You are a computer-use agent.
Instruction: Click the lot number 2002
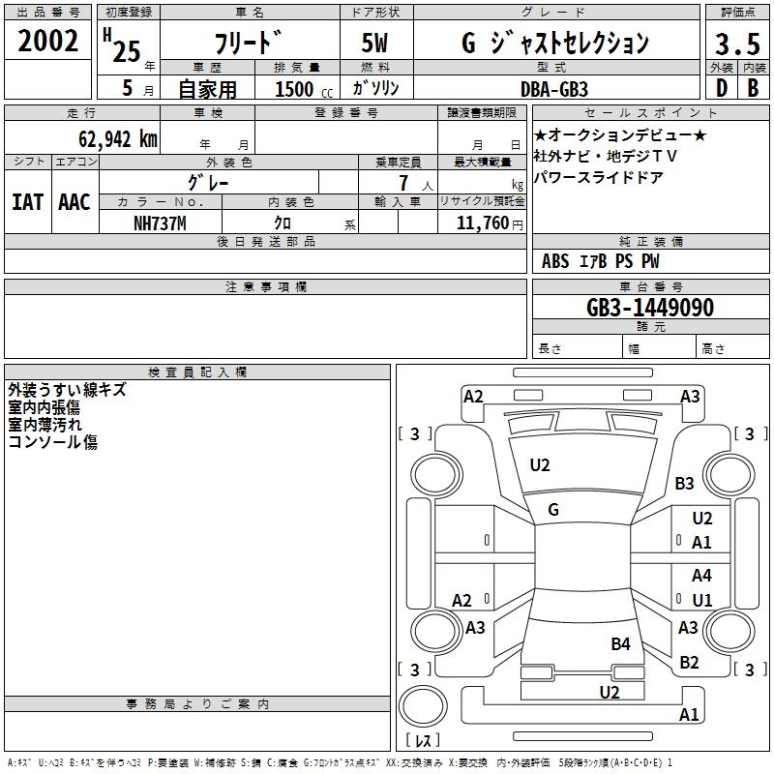click(48, 43)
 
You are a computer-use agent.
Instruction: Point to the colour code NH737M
click(161, 223)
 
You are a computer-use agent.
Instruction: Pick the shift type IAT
click(27, 201)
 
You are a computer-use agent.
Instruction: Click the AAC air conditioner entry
click(74, 201)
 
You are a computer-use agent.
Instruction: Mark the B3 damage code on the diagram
click(685, 483)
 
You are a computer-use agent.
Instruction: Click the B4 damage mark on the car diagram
click(620, 643)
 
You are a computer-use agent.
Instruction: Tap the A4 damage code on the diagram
click(701, 576)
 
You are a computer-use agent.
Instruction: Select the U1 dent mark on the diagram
click(701, 600)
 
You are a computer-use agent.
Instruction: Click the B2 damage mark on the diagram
click(689, 663)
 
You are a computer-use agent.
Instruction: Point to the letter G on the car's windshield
click(553, 510)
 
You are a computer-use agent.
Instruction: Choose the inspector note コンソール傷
click(53, 442)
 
